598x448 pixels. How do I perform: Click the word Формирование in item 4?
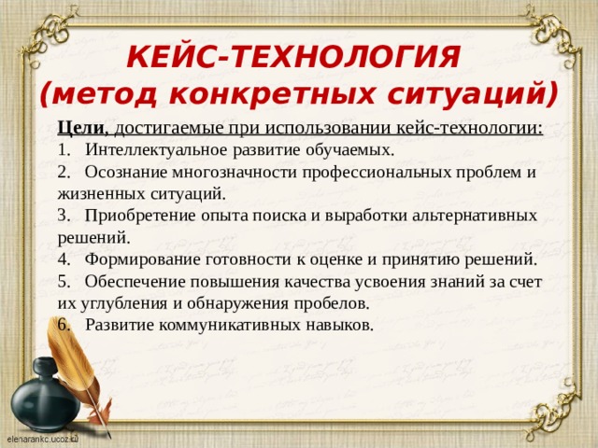pyautogui.click(x=135, y=259)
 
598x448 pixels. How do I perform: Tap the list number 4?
pyautogui.click(x=61, y=259)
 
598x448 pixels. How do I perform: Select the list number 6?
pyautogui.click(x=61, y=325)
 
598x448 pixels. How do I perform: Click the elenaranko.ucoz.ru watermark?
pyautogui.click(x=43, y=438)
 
